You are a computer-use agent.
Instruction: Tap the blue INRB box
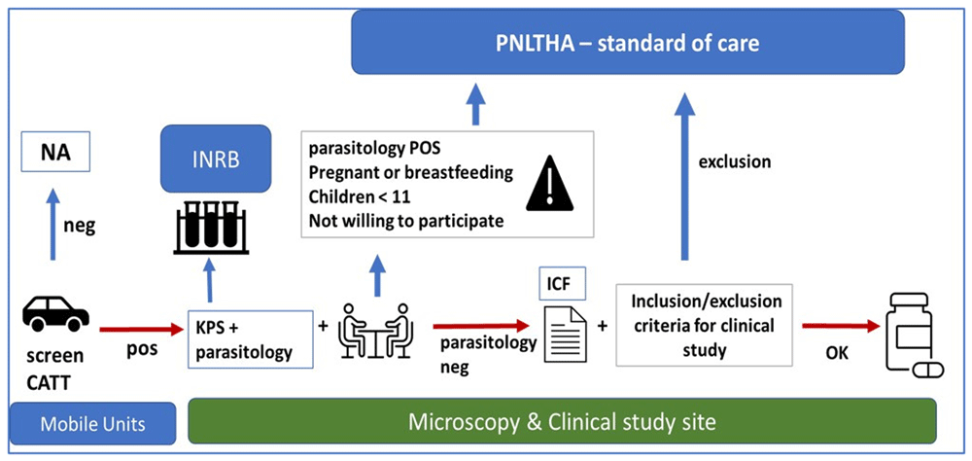pyautogui.click(x=216, y=159)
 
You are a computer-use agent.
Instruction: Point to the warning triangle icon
pyautogui.click(x=549, y=183)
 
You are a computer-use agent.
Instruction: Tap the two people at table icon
pyautogui.click(x=374, y=331)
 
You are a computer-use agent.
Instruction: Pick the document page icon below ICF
pyautogui.click(x=565, y=336)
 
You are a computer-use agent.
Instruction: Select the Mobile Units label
pyautogui.click(x=93, y=424)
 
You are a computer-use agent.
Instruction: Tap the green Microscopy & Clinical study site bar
pyautogui.click(x=561, y=422)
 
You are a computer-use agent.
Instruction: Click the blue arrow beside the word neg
pyautogui.click(x=53, y=224)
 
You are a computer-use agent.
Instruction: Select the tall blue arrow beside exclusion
pyautogui.click(x=684, y=176)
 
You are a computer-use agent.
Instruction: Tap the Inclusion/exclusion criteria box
pyautogui.click(x=704, y=325)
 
